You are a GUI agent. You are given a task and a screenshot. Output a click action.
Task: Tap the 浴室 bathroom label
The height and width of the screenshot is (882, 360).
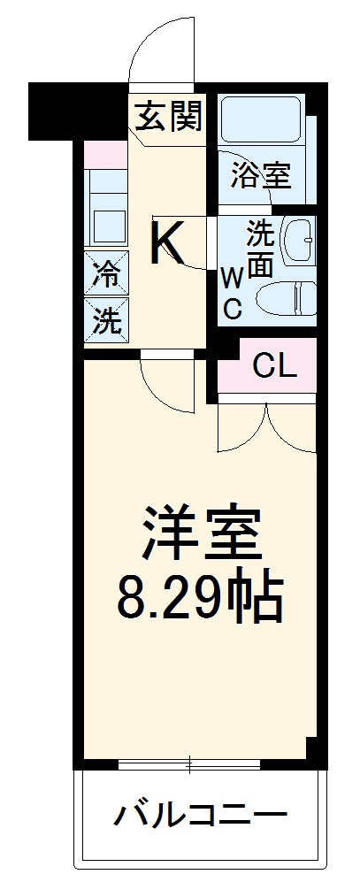click(x=260, y=174)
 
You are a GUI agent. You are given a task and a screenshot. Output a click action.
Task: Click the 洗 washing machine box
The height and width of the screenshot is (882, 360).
click(x=106, y=319)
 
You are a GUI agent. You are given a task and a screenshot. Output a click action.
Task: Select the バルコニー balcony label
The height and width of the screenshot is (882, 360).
click(x=200, y=812)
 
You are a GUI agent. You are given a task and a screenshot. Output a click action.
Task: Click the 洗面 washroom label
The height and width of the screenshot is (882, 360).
click(x=259, y=250)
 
